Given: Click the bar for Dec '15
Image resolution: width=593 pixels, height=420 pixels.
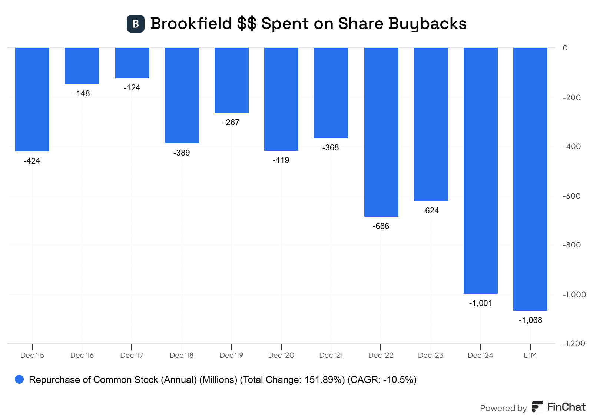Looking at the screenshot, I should (x=32, y=99).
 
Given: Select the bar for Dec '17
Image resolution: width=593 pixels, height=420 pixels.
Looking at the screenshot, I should (x=132, y=63).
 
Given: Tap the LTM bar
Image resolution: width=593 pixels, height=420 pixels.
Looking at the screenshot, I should (x=530, y=179).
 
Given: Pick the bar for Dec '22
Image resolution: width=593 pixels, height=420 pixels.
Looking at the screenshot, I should (x=381, y=132).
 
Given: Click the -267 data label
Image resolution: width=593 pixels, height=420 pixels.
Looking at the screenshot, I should (x=231, y=123).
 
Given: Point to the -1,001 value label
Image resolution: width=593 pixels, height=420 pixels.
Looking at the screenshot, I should (x=481, y=303).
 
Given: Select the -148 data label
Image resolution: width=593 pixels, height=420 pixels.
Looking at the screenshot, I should (x=82, y=94).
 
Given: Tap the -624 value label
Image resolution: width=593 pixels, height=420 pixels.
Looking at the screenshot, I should (x=431, y=211).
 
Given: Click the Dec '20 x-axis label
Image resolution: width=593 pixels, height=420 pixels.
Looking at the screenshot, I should (x=281, y=355).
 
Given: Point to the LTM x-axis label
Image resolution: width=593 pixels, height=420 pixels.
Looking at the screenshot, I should (x=530, y=355).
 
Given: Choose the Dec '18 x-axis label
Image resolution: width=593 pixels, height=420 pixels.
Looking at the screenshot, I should (x=182, y=355).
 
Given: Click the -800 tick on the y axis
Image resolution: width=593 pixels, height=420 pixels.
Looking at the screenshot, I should (x=572, y=245).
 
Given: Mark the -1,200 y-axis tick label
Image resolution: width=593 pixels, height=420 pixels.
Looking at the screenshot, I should (x=574, y=343).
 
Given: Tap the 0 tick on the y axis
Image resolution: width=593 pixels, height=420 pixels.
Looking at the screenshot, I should (x=565, y=48).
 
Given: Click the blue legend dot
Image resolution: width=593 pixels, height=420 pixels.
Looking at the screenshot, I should (x=19, y=380).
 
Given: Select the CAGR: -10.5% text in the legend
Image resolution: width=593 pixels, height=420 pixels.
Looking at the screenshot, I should (x=382, y=380).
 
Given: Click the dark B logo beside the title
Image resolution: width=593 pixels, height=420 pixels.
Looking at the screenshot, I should (x=136, y=24).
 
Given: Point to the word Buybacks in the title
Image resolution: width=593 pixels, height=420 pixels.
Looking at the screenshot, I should (x=427, y=24).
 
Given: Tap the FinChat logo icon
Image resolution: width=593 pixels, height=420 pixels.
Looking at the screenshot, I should (x=537, y=407).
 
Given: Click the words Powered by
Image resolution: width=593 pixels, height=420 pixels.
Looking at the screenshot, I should (x=503, y=408).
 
